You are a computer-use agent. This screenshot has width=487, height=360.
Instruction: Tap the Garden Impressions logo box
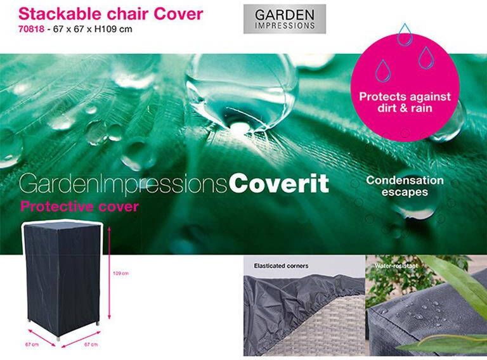pos(284,19)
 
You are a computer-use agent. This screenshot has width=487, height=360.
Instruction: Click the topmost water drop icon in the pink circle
pos(404,35)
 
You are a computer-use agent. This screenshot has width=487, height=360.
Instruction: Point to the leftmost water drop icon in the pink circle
pos(382,70)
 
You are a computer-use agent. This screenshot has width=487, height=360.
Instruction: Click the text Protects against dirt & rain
pos(405,103)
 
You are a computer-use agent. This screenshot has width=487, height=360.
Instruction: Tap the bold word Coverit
pos(278,184)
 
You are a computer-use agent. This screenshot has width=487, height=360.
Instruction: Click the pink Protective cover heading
pos(79,207)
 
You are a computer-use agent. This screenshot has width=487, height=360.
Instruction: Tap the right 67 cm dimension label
pos(90,344)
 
